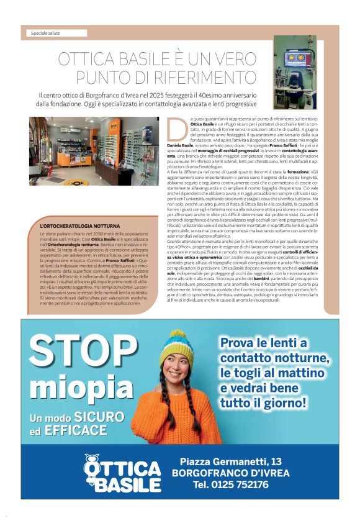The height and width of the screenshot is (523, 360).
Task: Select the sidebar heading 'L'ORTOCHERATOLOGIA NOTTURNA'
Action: [79, 225]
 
